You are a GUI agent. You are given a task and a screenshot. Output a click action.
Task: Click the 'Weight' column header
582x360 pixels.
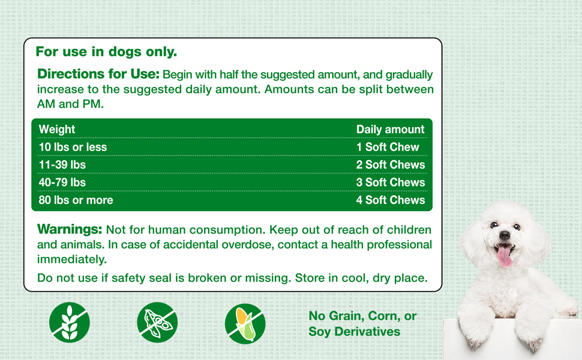coord(57,129)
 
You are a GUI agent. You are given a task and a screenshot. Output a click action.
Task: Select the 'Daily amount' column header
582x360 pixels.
coord(390,129)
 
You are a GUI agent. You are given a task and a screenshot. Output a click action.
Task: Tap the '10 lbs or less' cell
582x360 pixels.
coord(73,147)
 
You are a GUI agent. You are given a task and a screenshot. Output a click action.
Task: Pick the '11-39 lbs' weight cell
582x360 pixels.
coord(62,164)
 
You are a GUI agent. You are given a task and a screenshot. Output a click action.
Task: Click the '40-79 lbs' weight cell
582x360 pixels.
coord(62,182)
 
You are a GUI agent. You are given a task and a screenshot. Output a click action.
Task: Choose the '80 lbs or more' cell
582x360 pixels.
coord(76,200)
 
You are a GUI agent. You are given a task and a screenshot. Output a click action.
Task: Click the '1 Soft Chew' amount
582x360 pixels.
coord(388,147)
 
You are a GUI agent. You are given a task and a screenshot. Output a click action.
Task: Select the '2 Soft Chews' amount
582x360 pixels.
coord(390,164)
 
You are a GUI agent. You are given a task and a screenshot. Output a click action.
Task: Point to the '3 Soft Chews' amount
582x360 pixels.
coord(390,182)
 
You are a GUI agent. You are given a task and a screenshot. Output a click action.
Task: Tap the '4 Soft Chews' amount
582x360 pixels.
coord(390,200)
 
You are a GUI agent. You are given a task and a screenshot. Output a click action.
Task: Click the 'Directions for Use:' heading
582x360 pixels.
coord(98,74)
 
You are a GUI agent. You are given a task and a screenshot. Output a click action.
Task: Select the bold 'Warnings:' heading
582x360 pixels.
coord(70,229)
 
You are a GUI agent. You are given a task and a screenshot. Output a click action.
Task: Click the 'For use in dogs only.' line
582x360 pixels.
coord(106,52)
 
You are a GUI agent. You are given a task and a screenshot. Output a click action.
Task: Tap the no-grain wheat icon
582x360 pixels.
coord(70,322)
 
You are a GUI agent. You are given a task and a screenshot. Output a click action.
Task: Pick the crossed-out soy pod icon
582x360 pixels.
coord(157,322)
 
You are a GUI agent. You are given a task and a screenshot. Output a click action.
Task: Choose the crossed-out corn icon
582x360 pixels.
coord(245,323)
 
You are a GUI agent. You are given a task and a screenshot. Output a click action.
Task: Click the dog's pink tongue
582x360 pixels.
coord(505,256)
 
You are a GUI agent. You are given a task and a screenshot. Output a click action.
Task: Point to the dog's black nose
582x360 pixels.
coord(505,236)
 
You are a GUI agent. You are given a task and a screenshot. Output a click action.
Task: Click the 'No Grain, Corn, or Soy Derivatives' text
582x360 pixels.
coord(362,324)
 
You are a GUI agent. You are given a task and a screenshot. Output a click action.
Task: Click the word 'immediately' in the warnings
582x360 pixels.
coord(72,259)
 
